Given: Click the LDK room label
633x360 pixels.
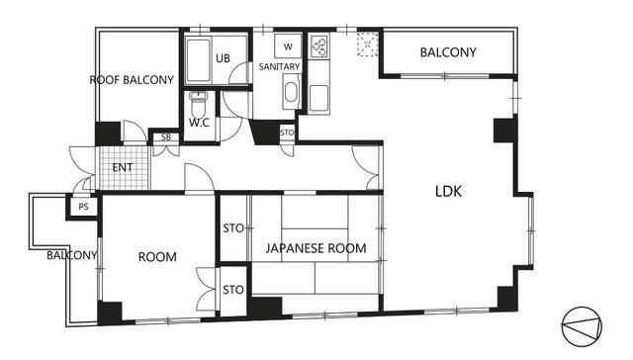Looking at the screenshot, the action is point(448,191).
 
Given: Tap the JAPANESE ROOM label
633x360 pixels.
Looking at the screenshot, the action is point(316,248).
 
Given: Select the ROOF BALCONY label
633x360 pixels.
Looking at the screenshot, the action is point(132,80).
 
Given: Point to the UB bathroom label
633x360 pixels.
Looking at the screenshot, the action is point(223,58).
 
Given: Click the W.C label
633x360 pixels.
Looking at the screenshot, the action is point(199,123).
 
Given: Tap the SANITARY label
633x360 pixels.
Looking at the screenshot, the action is point(279,66).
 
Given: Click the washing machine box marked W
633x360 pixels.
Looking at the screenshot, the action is point(288,46).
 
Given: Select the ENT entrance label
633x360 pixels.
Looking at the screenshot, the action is point(123,167).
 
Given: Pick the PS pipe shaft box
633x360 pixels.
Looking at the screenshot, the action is point(83,207).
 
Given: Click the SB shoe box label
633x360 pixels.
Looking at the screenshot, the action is point(166,137).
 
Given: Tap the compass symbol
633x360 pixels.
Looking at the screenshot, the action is point(582,326).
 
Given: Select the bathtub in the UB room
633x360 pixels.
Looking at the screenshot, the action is point(198,60).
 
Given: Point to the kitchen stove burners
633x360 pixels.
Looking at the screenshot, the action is point(319,45).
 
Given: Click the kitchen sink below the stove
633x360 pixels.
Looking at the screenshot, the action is point(318,98).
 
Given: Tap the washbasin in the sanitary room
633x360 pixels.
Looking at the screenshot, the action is point(291,92).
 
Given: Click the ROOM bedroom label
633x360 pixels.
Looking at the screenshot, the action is point(157,257).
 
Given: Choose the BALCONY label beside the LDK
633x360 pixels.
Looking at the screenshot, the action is point(448,52).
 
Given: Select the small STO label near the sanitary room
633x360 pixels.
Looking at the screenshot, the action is point(287,133).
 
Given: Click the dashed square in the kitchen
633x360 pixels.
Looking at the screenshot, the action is point(368,44).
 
